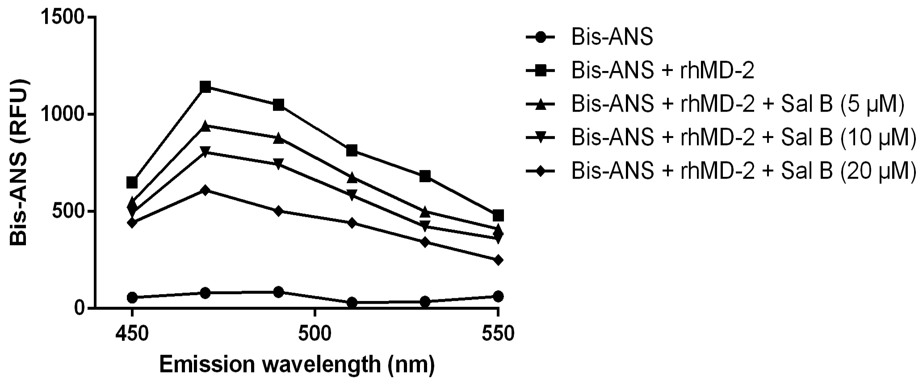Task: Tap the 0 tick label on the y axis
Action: click(x=80, y=309)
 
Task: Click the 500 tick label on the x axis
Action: click(x=315, y=334)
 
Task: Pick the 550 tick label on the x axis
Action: click(x=498, y=334)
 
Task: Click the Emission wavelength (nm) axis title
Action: click(x=297, y=365)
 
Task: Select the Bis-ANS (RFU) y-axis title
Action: click(x=19, y=163)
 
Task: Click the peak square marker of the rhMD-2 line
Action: click(x=206, y=87)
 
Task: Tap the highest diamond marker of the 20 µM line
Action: click(x=206, y=191)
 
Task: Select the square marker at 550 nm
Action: click(x=498, y=216)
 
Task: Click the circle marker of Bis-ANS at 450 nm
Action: click(x=132, y=297)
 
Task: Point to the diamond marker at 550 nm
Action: click(x=498, y=260)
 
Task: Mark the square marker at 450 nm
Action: click(x=132, y=183)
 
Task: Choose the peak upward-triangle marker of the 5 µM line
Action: click(x=206, y=126)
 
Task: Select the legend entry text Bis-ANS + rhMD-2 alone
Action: click(x=663, y=71)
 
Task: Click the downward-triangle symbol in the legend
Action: click(x=541, y=138)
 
